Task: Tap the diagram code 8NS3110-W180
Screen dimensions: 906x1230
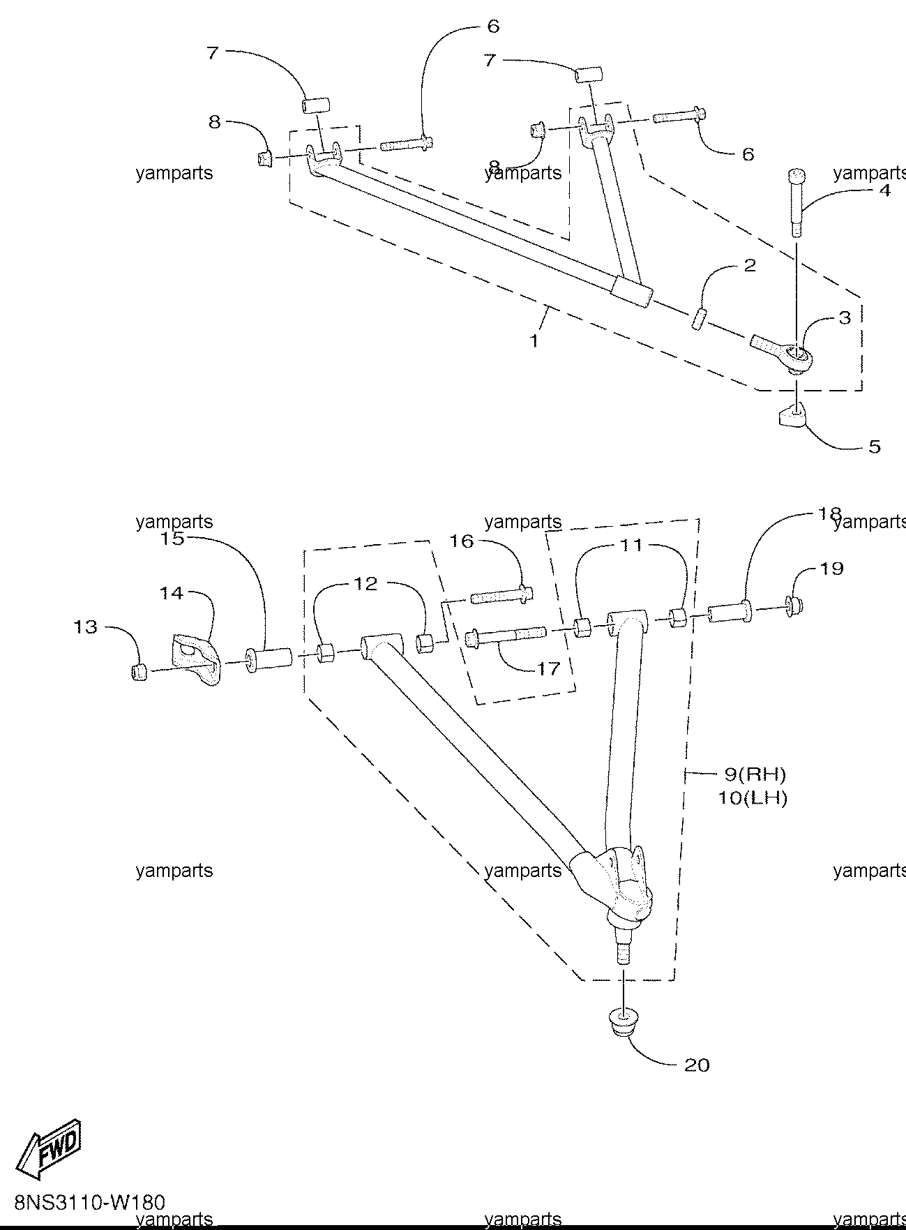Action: [89, 1203]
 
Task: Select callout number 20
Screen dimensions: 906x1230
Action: [697, 1065]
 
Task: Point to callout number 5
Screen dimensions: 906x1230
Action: [874, 446]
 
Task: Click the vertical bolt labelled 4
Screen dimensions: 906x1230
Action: [797, 202]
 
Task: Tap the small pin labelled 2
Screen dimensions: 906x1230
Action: [698, 320]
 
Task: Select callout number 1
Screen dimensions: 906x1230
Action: [534, 341]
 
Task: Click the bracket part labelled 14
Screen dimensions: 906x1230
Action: [195, 657]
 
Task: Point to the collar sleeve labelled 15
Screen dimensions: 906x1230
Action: [269, 659]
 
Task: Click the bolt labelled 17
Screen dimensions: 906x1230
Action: [504, 637]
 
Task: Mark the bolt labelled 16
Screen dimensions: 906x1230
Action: [503, 597]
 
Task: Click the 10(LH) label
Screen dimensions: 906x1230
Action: [752, 797]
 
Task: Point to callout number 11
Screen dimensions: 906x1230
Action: [631, 545]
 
